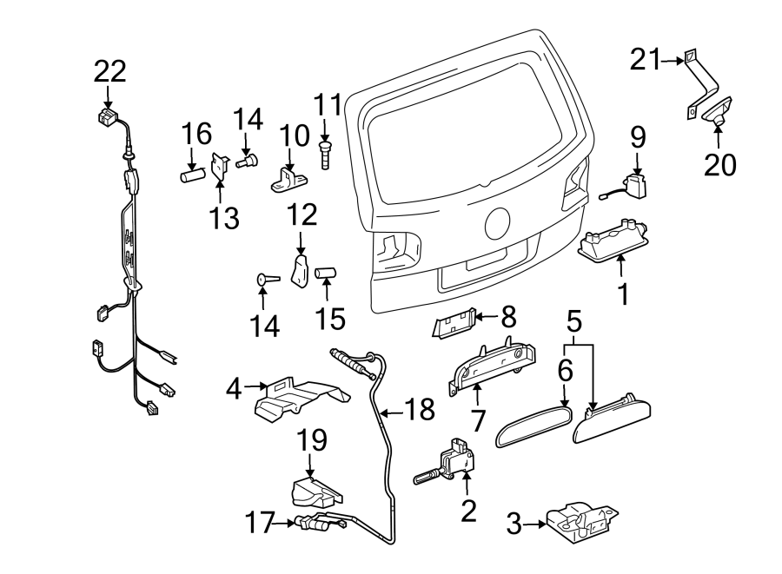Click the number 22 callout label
coord(109,70)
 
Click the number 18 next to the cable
coord(420,410)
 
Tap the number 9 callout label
coord(638,137)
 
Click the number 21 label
coord(645,60)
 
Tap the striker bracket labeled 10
coord(289,177)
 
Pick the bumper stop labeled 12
coord(300,271)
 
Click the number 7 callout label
coord(476,420)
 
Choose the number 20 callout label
coord(719,163)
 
